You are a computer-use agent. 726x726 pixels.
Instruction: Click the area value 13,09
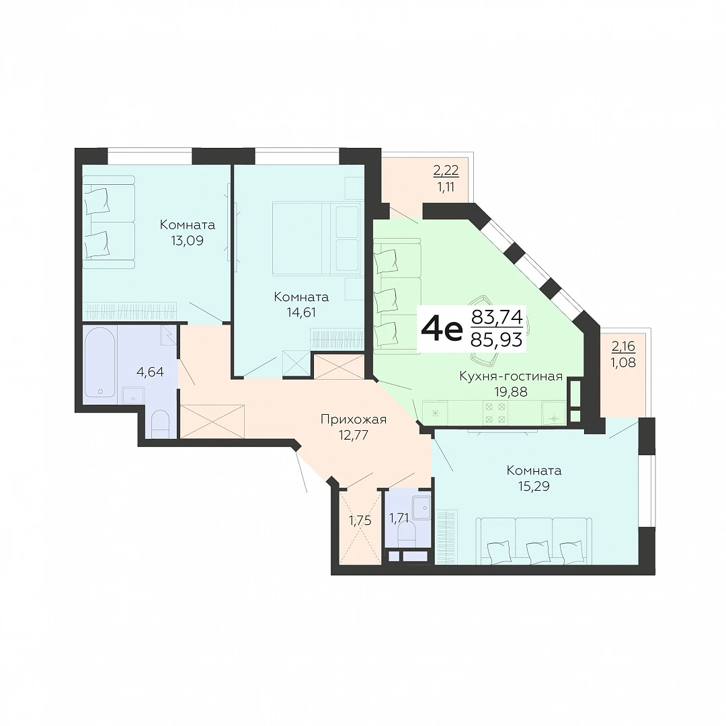click(x=187, y=241)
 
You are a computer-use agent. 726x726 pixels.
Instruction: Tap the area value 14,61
click(x=301, y=313)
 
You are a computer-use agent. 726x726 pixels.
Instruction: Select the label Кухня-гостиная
click(x=511, y=376)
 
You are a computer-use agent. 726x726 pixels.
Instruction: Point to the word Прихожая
click(x=354, y=419)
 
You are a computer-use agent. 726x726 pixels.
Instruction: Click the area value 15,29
click(x=534, y=486)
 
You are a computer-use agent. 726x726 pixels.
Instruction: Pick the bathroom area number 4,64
click(x=150, y=372)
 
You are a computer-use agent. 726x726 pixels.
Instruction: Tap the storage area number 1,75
click(x=360, y=521)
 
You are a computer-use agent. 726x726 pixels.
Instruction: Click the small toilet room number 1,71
click(x=399, y=518)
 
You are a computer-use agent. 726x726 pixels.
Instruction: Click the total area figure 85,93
click(x=496, y=340)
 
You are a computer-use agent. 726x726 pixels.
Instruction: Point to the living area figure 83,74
click(x=497, y=317)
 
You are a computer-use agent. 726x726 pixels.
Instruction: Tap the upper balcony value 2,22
click(x=446, y=171)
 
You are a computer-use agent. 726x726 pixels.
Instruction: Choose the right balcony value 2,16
click(x=623, y=346)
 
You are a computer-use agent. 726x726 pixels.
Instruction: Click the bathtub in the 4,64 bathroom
click(x=100, y=362)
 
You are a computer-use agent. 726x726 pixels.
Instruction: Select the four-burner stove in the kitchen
click(x=495, y=413)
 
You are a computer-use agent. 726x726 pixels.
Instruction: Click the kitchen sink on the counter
click(x=554, y=413)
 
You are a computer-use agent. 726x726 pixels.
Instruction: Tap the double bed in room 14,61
click(x=317, y=239)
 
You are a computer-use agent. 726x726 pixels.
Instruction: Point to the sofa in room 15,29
click(x=534, y=541)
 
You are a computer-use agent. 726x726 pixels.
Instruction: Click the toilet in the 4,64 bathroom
click(x=161, y=424)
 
